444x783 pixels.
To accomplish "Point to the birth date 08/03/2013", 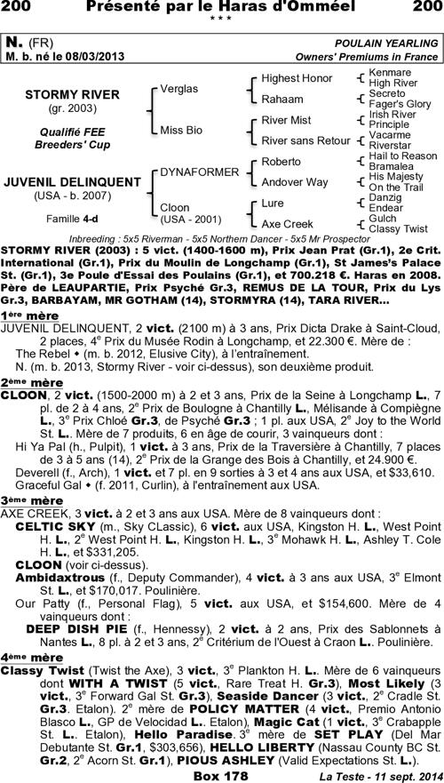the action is click(94, 56).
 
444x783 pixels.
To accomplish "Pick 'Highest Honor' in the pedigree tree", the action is click(284, 79).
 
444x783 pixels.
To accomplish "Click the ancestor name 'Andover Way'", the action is click(294, 182).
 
